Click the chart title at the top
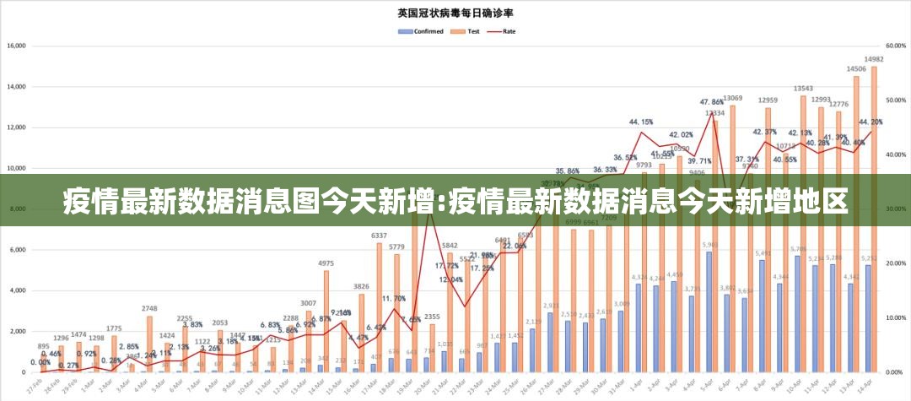tap(456, 13)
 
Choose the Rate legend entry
tap(504, 31)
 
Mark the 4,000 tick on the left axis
tap(18, 290)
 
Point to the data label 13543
tap(803, 89)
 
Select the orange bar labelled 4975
tap(326, 321)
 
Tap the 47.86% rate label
tap(711, 102)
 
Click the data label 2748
tap(149, 309)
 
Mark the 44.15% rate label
tap(641, 122)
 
